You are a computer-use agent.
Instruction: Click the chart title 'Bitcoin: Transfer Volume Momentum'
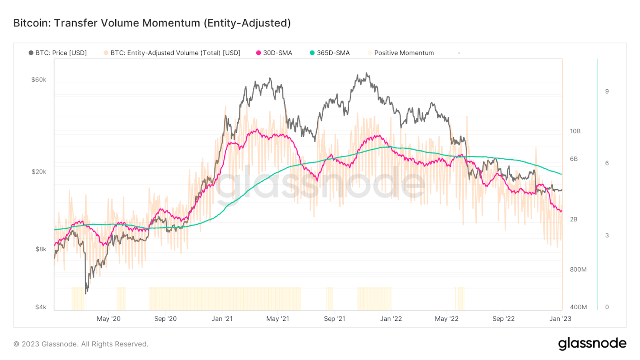click(152, 23)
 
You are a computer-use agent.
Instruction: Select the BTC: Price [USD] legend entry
click(58, 53)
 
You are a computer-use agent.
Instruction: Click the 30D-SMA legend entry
click(274, 53)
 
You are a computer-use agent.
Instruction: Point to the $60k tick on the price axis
click(39, 80)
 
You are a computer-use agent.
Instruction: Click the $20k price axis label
click(39, 172)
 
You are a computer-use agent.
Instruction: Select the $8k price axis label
click(41, 249)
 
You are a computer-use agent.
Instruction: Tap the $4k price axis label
click(41, 307)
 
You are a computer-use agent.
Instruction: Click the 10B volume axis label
click(575, 131)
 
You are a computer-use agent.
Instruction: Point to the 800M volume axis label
click(578, 270)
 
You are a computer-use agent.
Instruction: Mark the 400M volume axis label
click(578, 307)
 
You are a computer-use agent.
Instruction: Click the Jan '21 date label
click(222, 319)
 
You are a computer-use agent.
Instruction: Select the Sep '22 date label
click(503, 319)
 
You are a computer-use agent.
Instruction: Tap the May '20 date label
click(108, 319)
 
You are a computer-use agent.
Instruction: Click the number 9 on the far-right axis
click(607, 92)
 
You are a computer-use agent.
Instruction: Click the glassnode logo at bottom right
click(592, 344)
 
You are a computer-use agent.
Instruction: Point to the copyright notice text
click(81, 344)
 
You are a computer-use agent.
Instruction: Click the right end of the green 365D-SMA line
click(562, 174)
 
